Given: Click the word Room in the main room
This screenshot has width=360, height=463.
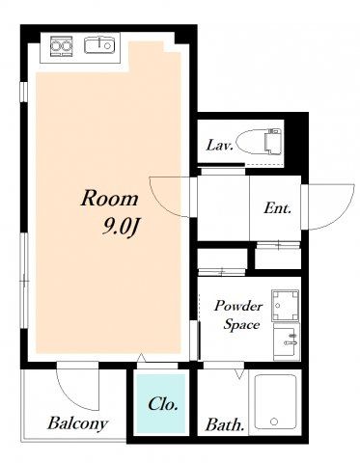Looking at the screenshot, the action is pyautogui.click(x=109, y=199).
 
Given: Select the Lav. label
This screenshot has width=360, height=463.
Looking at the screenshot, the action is pyautogui.click(x=219, y=146).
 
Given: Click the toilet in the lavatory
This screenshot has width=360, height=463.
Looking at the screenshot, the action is pyautogui.click(x=259, y=141).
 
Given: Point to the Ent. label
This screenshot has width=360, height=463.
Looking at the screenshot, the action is pyautogui.click(x=277, y=208).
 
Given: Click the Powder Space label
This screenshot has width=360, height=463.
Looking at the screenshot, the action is pyautogui.click(x=238, y=314).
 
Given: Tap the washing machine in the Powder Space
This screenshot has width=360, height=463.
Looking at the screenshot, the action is pyautogui.click(x=285, y=306).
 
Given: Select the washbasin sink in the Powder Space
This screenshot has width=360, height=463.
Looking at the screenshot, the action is pyautogui.click(x=287, y=341).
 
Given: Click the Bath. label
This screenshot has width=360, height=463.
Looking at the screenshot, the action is pyautogui.click(x=225, y=424).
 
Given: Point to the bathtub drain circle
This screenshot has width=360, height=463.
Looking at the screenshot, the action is pyautogui.click(x=274, y=422).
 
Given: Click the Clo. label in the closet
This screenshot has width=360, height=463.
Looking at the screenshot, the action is pyautogui.click(x=163, y=403).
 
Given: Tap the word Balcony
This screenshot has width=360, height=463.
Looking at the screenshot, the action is pyautogui.click(x=77, y=423).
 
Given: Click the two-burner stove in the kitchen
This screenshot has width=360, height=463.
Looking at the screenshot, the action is pyautogui.click(x=61, y=46).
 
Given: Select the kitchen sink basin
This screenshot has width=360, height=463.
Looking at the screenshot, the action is pyautogui.click(x=99, y=45).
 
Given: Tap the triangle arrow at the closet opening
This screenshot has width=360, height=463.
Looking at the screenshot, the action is pyautogui.click(x=141, y=358).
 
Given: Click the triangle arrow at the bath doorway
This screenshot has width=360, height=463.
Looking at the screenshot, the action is pyautogui.click(x=239, y=373).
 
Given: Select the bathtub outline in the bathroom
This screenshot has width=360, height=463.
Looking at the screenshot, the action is pyautogui.click(x=275, y=401).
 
